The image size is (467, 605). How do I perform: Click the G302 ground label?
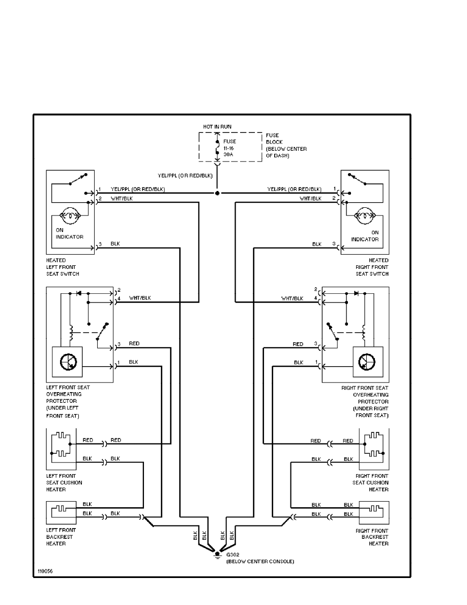[x=232, y=556]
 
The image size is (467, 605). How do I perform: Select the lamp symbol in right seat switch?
[x=366, y=217]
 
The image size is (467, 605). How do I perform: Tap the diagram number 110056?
[x=44, y=571]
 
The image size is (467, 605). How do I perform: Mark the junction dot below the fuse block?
[x=218, y=194]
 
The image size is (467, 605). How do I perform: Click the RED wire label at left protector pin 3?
[x=134, y=344]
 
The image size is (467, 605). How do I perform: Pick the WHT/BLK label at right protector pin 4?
[x=293, y=298]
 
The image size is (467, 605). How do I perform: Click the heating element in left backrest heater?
[x=62, y=508]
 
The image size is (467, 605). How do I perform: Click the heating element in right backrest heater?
[x=374, y=508]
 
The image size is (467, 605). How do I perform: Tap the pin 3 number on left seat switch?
[x=100, y=244]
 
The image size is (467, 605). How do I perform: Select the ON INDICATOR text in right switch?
[x=365, y=235]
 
